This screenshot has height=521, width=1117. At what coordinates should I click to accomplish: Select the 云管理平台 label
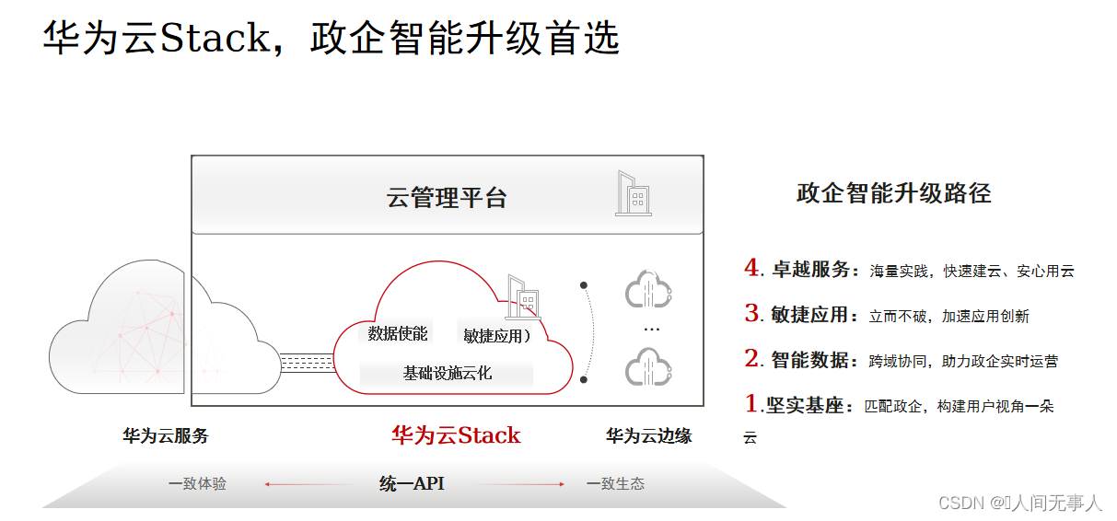447,197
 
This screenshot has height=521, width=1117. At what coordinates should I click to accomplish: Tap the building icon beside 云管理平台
633,194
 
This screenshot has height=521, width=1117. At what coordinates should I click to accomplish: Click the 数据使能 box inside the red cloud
398,334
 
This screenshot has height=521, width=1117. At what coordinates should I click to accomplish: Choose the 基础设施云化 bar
448,373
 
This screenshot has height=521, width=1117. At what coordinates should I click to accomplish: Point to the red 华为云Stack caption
456,435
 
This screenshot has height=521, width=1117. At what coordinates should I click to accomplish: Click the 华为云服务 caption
166,436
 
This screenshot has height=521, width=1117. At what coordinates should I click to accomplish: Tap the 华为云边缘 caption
648,436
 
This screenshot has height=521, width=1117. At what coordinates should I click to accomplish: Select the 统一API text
412,483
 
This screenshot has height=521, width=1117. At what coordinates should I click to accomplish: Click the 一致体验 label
197,483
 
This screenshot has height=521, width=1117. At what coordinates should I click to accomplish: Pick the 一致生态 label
615,483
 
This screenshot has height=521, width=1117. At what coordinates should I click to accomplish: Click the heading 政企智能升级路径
893,193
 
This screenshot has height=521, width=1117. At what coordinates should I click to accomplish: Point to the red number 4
751,268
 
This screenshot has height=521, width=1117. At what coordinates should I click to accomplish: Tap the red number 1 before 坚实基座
751,403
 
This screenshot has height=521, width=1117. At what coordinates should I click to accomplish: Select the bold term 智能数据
809,360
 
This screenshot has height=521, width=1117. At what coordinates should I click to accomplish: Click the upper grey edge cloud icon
649,289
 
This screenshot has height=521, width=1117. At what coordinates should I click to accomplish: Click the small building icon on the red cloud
523,296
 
